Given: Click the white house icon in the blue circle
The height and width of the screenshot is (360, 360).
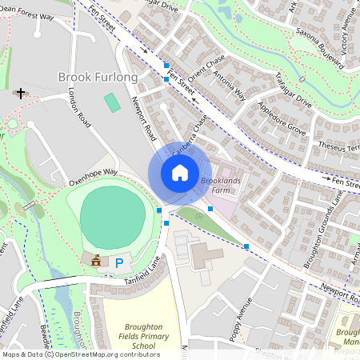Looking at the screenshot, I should click(180, 173).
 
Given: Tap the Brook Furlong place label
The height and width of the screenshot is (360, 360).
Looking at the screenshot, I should click(98, 78).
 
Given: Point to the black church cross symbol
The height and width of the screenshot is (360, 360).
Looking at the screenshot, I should click(20, 94).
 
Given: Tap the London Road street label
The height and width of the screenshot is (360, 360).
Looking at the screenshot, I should click(81, 109).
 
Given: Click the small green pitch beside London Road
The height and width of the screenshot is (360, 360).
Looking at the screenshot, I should click(113, 102).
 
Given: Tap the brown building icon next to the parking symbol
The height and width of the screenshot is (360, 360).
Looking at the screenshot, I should click(97, 260).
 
